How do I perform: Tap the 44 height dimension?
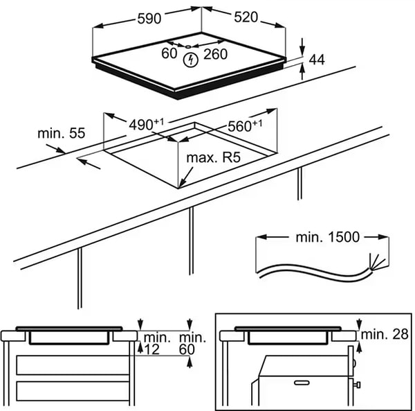pyautogui.click(x=316, y=60)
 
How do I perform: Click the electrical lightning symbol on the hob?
pyautogui.click(x=189, y=60)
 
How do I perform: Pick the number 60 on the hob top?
pyautogui.click(x=169, y=53)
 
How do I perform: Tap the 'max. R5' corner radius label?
pyautogui.click(x=212, y=159)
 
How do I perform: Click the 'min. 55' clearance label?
pyautogui.click(x=61, y=133)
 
